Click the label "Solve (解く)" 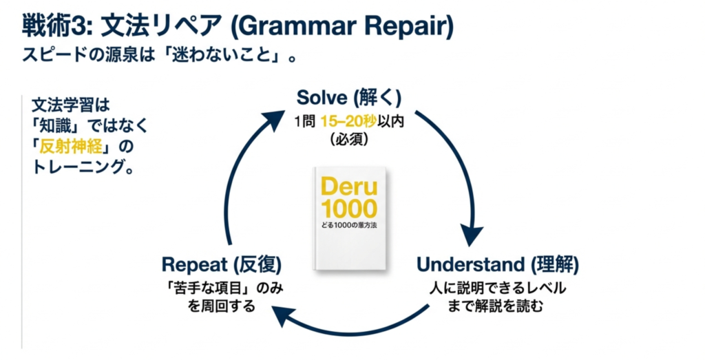(x=349, y=98)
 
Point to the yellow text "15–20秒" (x=348, y=122)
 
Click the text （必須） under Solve (x=349, y=139)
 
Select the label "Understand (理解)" (x=498, y=265)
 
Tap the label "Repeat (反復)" (x=222, y=265)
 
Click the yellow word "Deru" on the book (x=349, y=187)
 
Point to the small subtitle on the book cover (x=349, y=225)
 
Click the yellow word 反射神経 (x=71, y=147)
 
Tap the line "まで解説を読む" (x=496, y=306)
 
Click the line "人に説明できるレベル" (x=498, y=288)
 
